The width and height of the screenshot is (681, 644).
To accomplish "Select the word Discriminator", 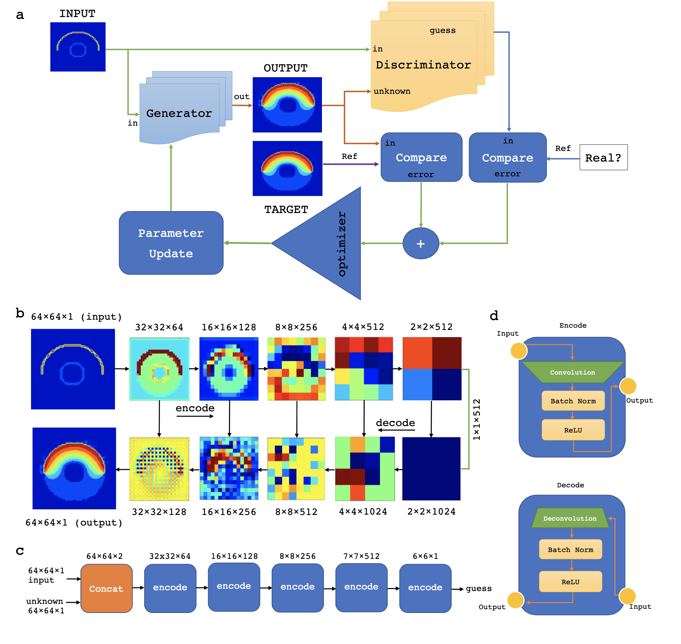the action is point(423,65).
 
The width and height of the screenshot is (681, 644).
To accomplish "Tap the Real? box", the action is point(603,157).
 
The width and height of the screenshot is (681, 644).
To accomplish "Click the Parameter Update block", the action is point(171,243).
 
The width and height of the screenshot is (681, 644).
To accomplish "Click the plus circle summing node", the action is point(421,243).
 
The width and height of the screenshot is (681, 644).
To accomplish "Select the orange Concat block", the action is point(106,588).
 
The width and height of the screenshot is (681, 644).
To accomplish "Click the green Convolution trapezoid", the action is point(572,372).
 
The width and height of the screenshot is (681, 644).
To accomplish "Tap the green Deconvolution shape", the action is point(570,518).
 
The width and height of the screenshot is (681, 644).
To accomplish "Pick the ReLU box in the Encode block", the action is point(573,430).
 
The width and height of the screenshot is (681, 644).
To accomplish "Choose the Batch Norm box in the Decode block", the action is point(571,549).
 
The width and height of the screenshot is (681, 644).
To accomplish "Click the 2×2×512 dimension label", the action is point(432,327).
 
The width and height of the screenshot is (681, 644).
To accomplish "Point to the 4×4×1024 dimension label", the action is point(363,512).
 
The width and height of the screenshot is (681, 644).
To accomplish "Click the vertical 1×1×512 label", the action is point(477,419).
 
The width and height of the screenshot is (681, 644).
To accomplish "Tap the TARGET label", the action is point(286,209).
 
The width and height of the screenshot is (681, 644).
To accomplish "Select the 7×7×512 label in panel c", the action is point(361,556).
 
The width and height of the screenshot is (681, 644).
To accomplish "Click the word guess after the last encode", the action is point(479,588).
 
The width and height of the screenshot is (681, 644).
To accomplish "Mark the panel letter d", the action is point(494,316).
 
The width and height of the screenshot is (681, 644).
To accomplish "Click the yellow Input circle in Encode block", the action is point(519,351).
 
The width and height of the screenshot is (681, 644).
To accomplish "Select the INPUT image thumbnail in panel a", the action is point(78,47).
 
